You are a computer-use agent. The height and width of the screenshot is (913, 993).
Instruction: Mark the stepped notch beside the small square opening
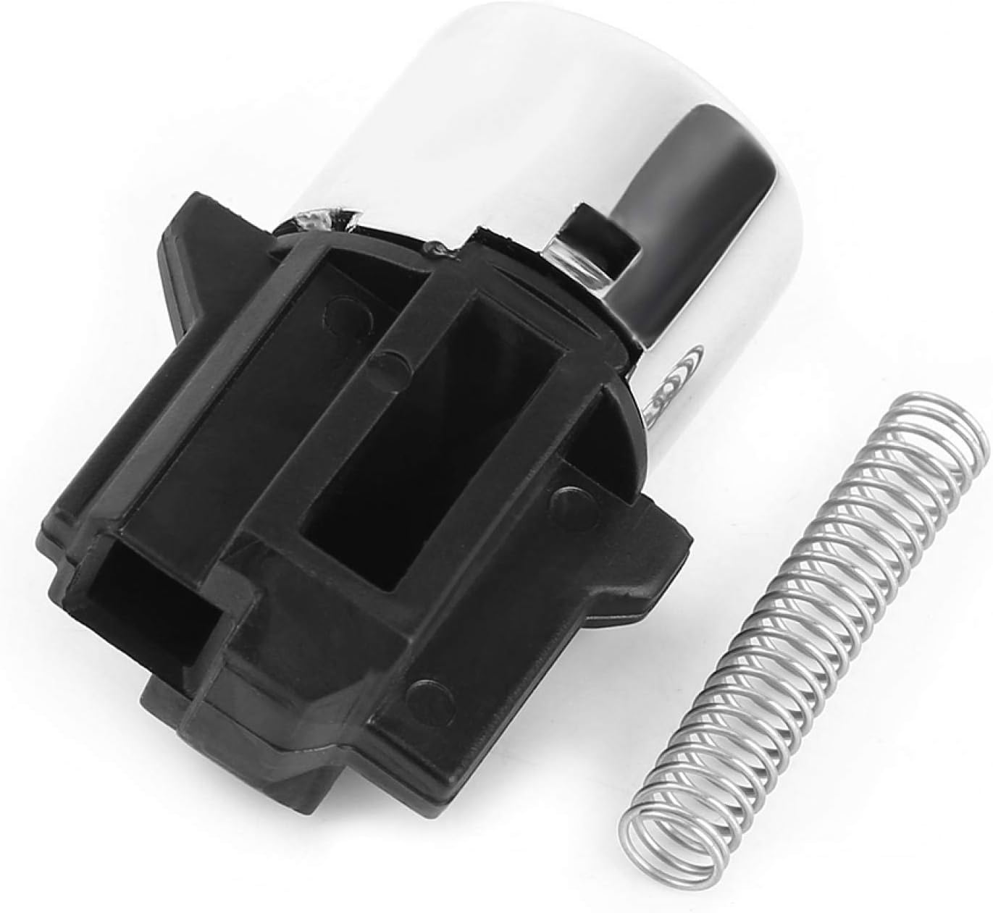pos(239,637)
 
